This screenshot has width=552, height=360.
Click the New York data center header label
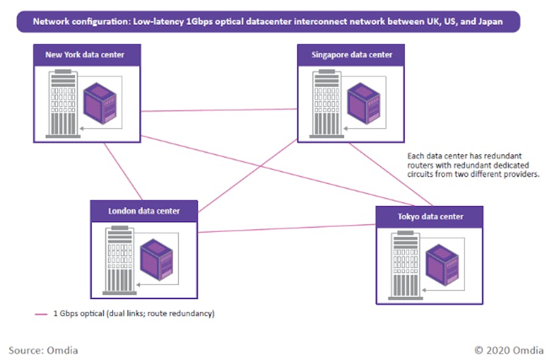(85, 55)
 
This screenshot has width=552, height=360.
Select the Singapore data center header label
(352, 55)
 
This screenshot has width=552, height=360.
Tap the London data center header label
(144, 211)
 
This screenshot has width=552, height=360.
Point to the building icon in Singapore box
(324, 103)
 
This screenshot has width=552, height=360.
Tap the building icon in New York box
(62, 103)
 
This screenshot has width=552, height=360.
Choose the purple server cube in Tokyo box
(442, 264)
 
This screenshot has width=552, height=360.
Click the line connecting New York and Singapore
(220, 110)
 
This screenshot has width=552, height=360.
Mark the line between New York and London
(124, 172)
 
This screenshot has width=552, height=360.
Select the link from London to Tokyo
(287, 228)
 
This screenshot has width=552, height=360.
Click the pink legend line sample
(41, 314)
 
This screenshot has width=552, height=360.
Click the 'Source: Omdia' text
(43, 350)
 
